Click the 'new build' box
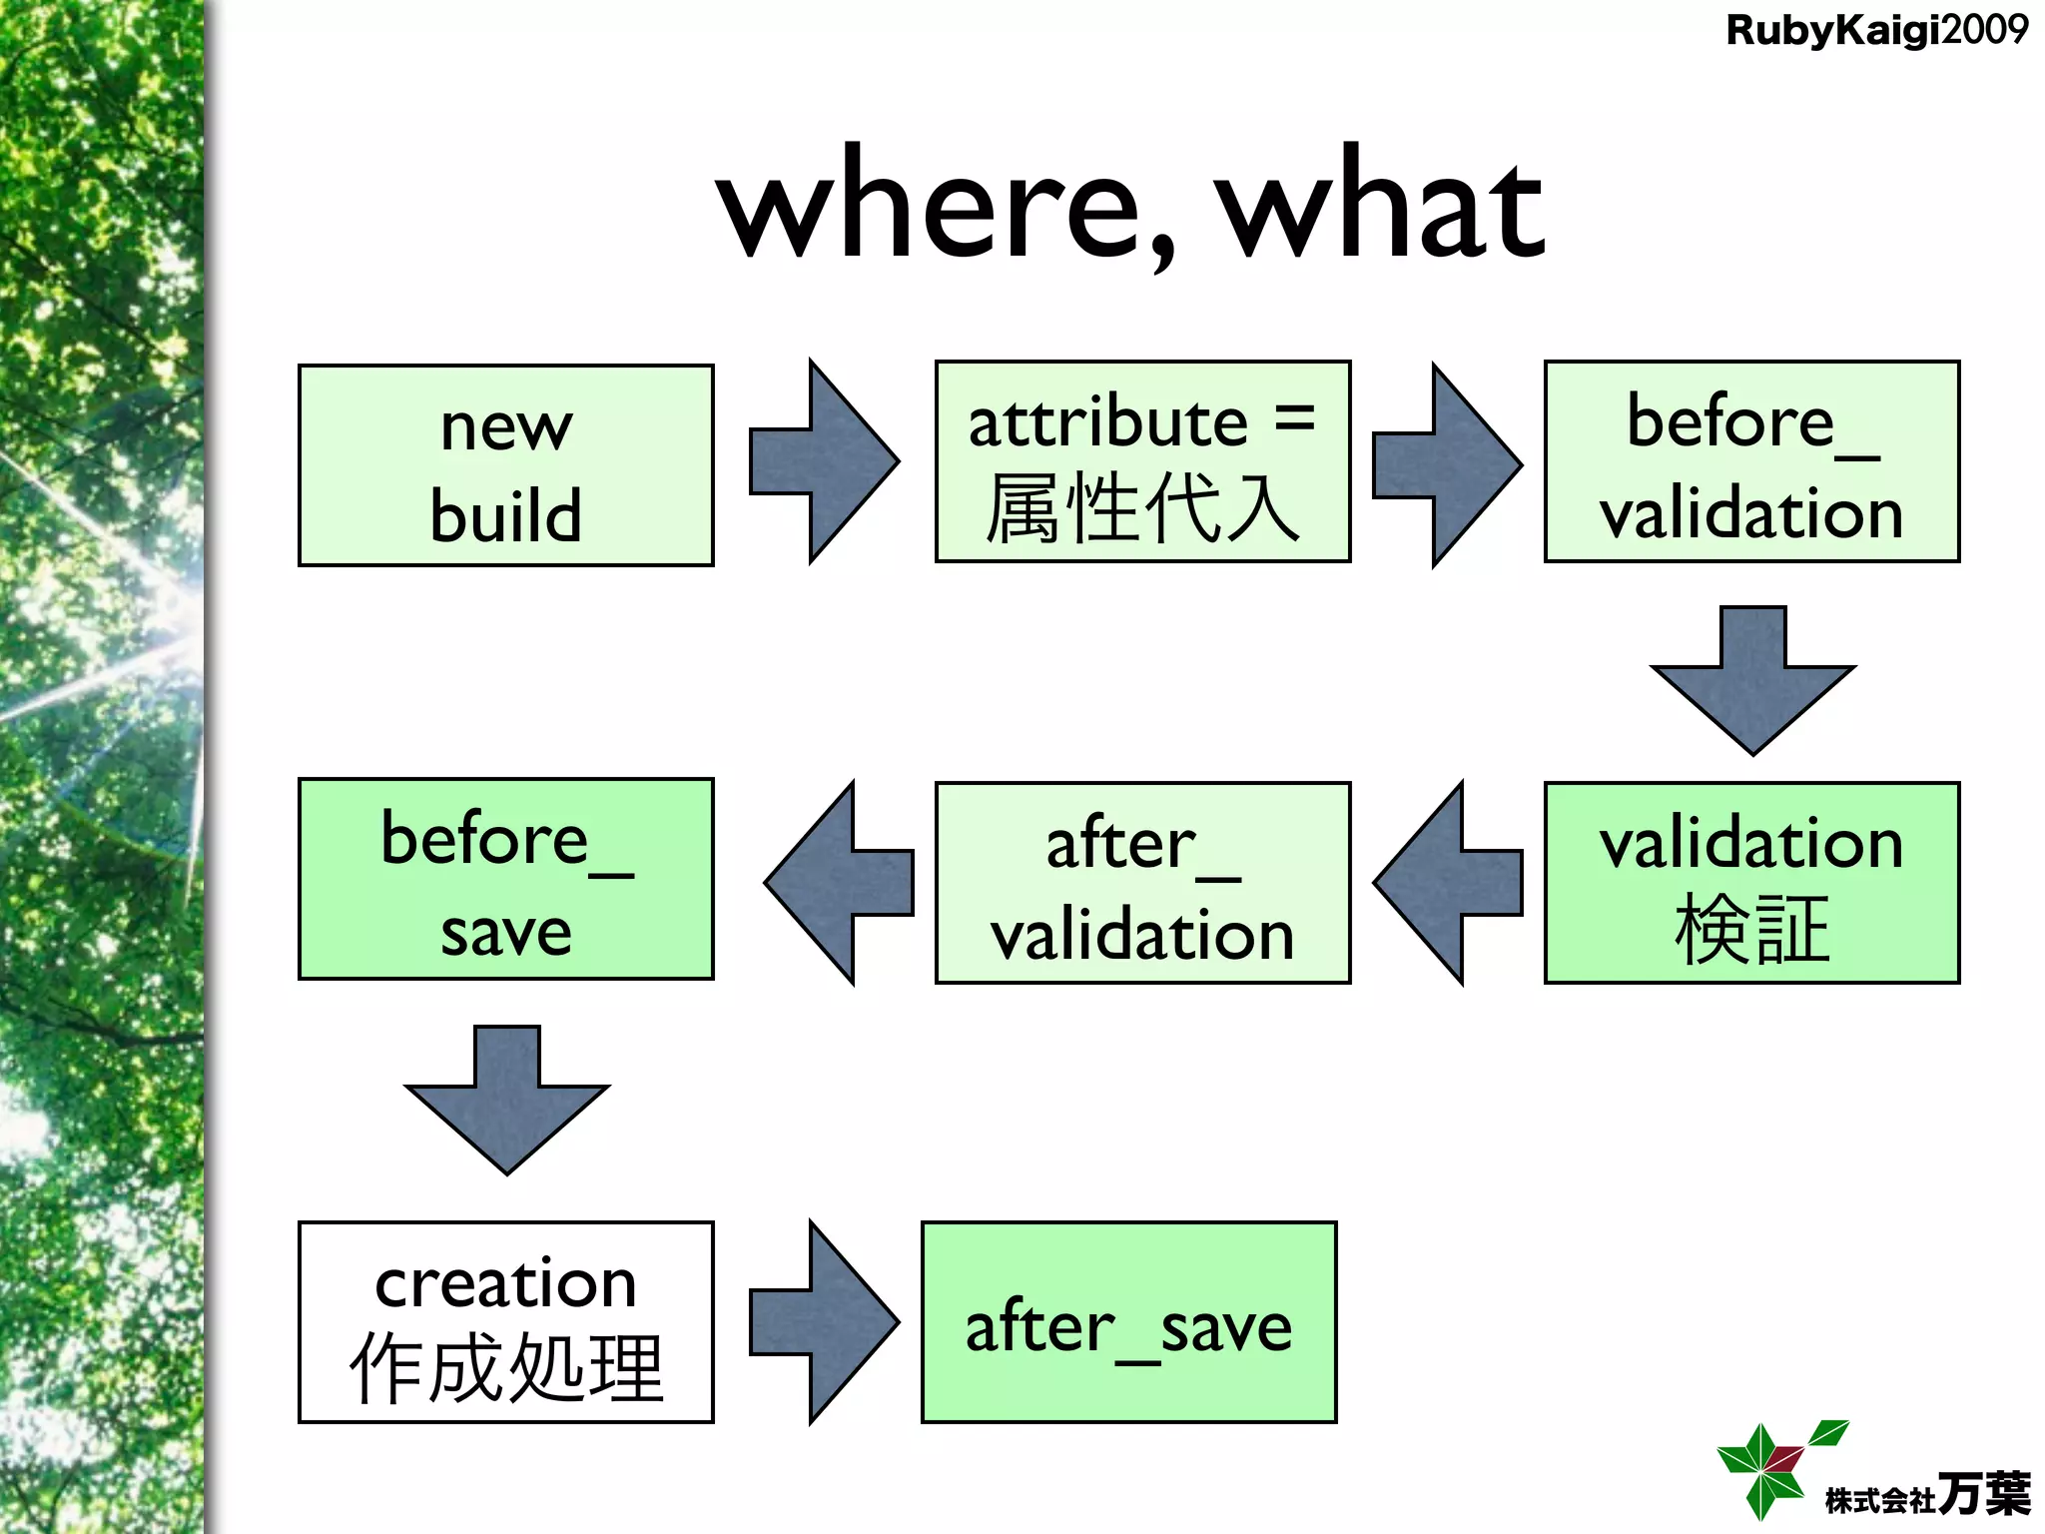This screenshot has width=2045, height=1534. coord(506,465)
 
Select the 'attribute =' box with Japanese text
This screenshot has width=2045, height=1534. coord(1142,461)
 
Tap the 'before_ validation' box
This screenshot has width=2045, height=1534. coord(1751,461)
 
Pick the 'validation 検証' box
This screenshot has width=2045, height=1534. coord(1751,883)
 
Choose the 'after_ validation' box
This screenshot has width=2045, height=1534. coord(1142,883)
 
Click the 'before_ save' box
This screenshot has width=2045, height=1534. coord(506,879)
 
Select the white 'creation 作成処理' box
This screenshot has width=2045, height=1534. coord(506,1321)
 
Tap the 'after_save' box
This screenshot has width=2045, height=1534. coord(1128,1321)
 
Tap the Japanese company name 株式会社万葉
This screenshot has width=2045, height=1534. coord(1927,1496)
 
